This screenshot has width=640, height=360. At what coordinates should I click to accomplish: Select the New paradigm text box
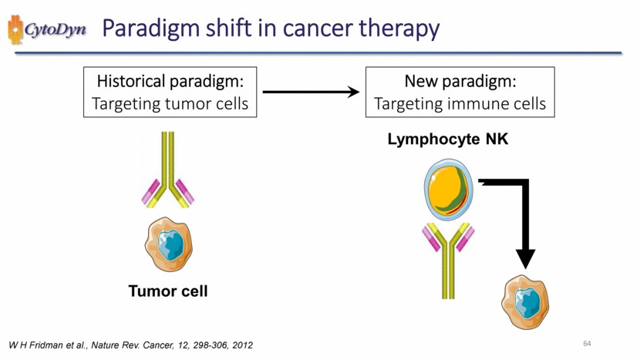click(460, 92)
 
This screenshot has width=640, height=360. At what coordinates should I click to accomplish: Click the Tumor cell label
click(168, 291)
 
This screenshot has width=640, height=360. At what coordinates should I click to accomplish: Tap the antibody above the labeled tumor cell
click(167, 173)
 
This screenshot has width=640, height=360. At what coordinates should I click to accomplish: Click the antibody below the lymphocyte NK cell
click(448, 258)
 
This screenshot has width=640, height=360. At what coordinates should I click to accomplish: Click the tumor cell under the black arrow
click(527, 299)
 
